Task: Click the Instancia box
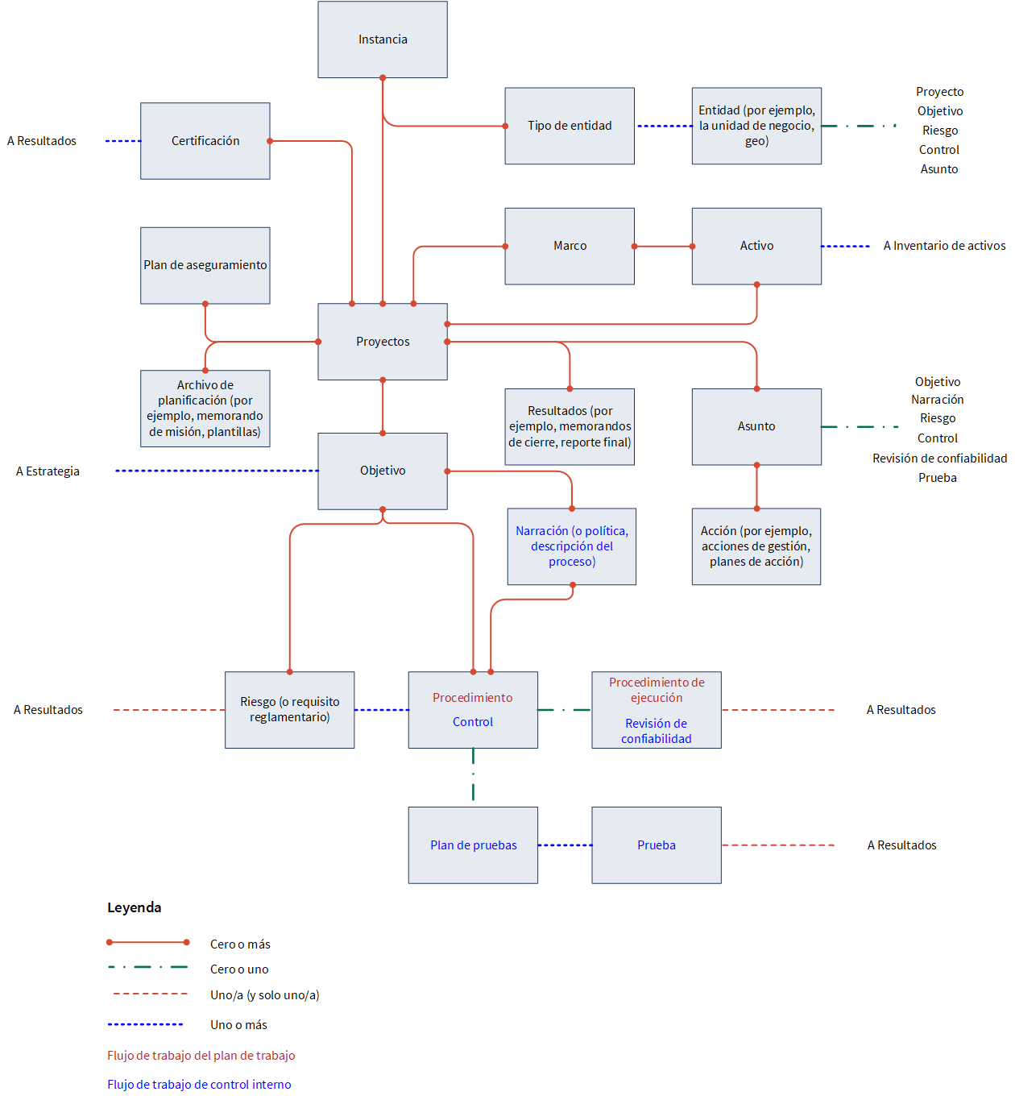[383, 39]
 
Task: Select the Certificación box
[205, 141]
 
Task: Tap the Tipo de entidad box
[570, 126]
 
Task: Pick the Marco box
[570, 246]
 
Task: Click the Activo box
[756, 246]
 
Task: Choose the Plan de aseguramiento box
[205, 265]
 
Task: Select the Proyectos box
[383, 342]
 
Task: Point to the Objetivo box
[383, 471]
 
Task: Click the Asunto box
[756, 426]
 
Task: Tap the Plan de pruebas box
[473, 845]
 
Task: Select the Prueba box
[657, 845]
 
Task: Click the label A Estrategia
[48, 471]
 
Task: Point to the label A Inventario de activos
[944, 246]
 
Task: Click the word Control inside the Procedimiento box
[472, 722]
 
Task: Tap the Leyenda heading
[134, 907]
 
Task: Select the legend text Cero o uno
[239, 969]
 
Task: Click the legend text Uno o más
[238, 1025]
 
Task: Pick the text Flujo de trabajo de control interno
[199, 1084]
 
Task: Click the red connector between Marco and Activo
[664, 247]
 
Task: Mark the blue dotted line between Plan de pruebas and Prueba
[565, 845]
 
